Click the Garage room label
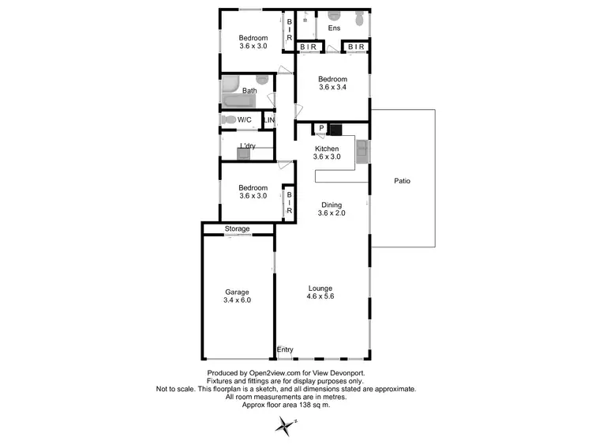(237, 296)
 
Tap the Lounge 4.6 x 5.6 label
(320, 292)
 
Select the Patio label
(402, 181)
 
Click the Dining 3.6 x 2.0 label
(332, 209)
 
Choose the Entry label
(285, 350)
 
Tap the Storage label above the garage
(237, 229)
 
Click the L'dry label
(248, 146)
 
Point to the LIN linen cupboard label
(269, 121)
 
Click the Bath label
(249, 91)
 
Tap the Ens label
(334, 29)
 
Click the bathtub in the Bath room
(234, 102)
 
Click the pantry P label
(321, 129)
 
